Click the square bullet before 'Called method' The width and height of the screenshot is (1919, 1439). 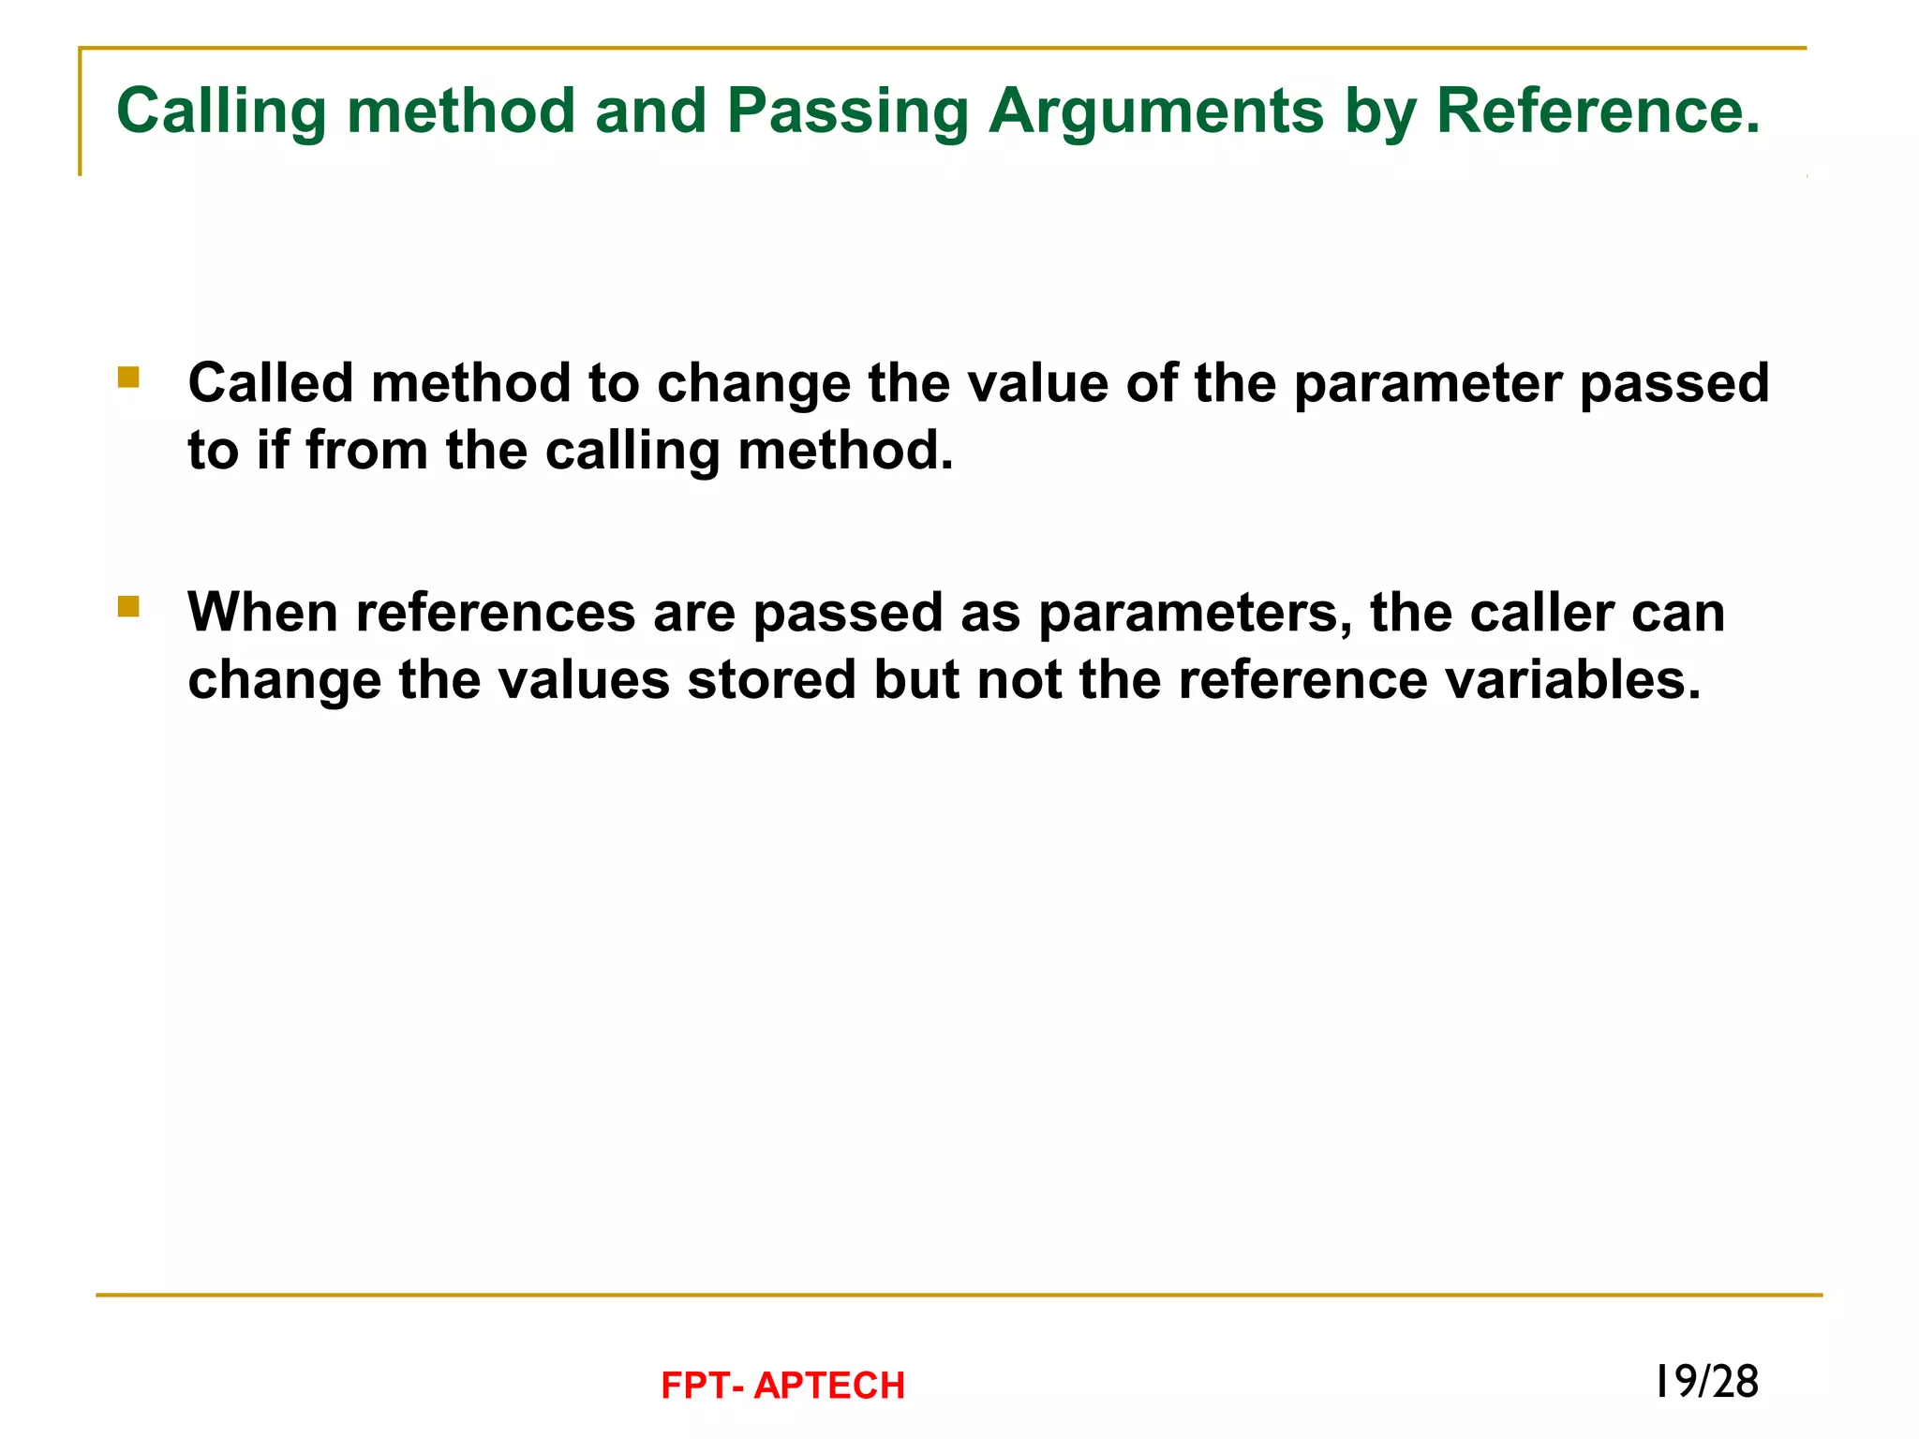point(128,378)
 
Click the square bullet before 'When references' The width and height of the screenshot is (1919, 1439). point(128,607)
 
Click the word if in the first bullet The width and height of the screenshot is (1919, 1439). point(273,450)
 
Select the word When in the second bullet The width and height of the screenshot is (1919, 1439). point(263,613)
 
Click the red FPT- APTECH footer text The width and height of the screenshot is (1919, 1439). point(782,1386)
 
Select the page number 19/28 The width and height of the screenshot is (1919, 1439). point(1706,1382)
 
